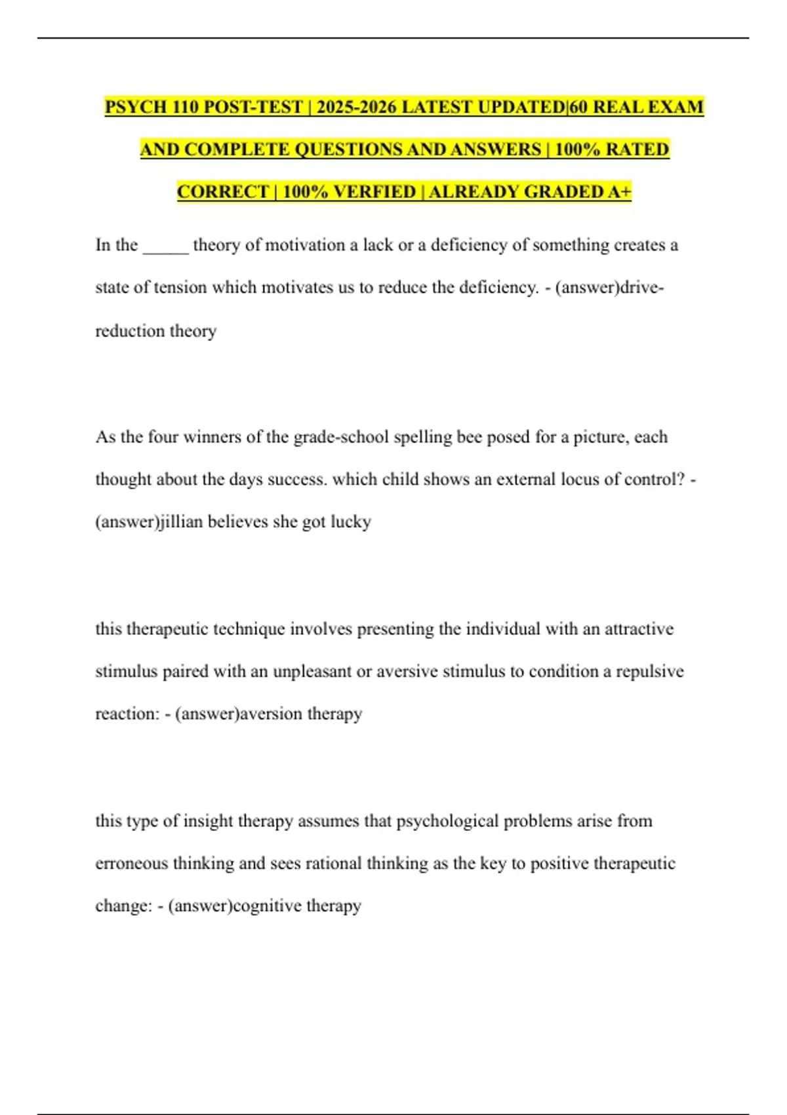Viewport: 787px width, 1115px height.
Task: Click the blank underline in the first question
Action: pos(165,248)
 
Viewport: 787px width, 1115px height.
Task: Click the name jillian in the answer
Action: pos(181,522)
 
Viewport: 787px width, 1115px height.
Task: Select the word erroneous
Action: pos(131,863)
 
